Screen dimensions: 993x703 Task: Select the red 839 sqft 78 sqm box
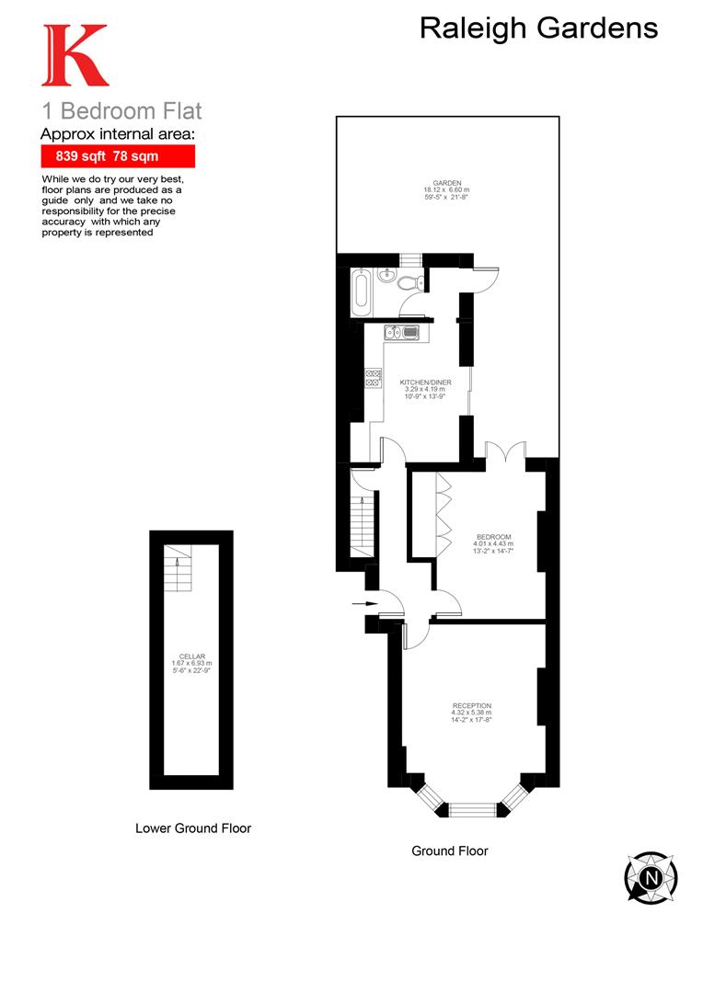click(118, 156)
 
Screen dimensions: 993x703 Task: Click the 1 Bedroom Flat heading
click(121, 112)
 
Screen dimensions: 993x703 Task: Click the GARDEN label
click(448, 183)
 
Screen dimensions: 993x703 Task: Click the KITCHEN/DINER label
click(424, 381)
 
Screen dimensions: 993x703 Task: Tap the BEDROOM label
click(492, 537)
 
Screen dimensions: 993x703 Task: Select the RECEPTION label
click(470, 705)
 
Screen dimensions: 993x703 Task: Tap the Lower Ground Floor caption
click(192, 827)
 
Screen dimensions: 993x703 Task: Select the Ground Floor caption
click(449, 850)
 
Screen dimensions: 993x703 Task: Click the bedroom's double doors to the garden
click(504, 452)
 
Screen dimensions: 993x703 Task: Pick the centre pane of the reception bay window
click(470, 809)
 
